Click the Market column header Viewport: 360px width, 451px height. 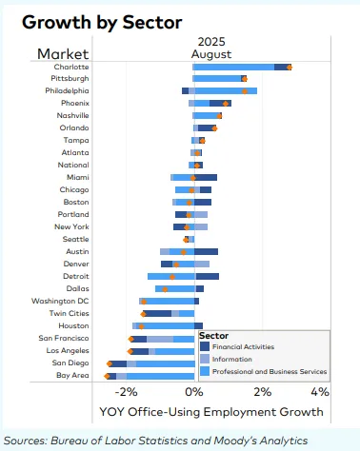coord(62,53)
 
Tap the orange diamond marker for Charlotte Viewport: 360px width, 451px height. coord(290,67)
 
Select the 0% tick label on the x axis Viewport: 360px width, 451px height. coord(194,392)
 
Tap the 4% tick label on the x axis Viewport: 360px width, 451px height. coord(319,392)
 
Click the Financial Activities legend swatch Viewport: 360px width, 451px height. coord(205,346)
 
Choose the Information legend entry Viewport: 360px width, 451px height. coord(234,359)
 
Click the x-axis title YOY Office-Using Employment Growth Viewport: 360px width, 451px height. coord(211,412)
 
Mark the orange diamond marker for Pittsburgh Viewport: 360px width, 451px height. coord(244,79)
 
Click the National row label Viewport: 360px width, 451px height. coord(74,165)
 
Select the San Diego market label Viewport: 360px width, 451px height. coord(70,363)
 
